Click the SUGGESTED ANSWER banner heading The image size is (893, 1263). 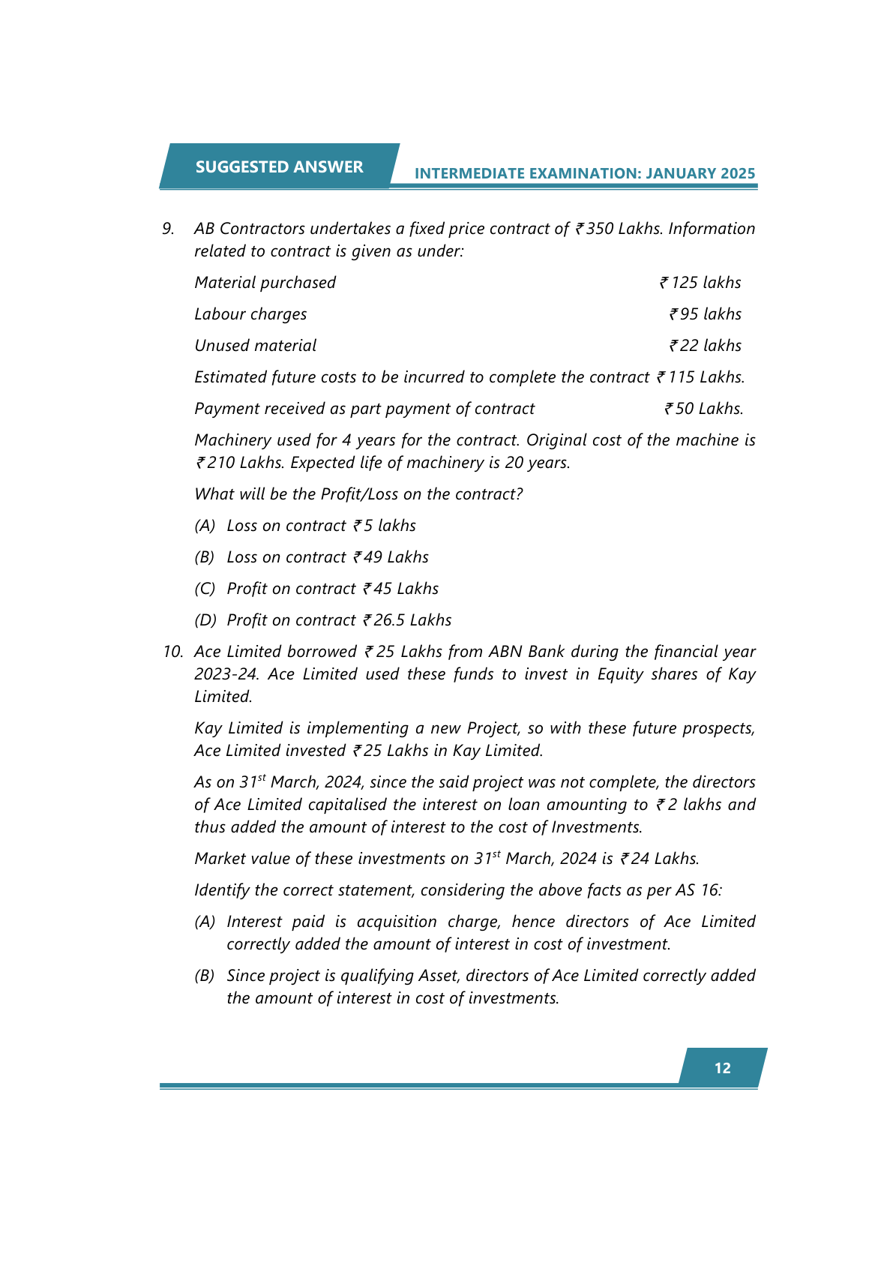click(x=279, y=166)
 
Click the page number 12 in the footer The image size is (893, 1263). click(x=722, y=1068)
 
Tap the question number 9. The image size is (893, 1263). click(x=169, y=229)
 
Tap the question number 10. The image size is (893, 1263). click(x=172, y=652)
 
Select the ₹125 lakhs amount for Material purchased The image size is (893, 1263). click(x=700, y=283)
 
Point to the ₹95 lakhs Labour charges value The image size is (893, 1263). click(x=705, y=314)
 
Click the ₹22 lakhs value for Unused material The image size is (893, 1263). click(x=705, y=346)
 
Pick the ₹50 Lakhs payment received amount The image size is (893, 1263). click(x=703, y=409)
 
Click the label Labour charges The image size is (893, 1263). click(x=250, y=314)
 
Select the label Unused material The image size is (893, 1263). click(x=255, y=346)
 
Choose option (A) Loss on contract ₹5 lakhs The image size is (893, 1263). click(x=305, y=526)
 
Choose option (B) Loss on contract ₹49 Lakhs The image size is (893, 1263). click(x=312, y=557)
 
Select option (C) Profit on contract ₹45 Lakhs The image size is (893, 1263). click(x=316, y=589)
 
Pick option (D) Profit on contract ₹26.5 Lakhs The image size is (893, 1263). click(x=323, y=620)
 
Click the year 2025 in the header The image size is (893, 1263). click(x=738, y=173)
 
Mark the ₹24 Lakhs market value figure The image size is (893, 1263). click(x=659, y=859)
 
